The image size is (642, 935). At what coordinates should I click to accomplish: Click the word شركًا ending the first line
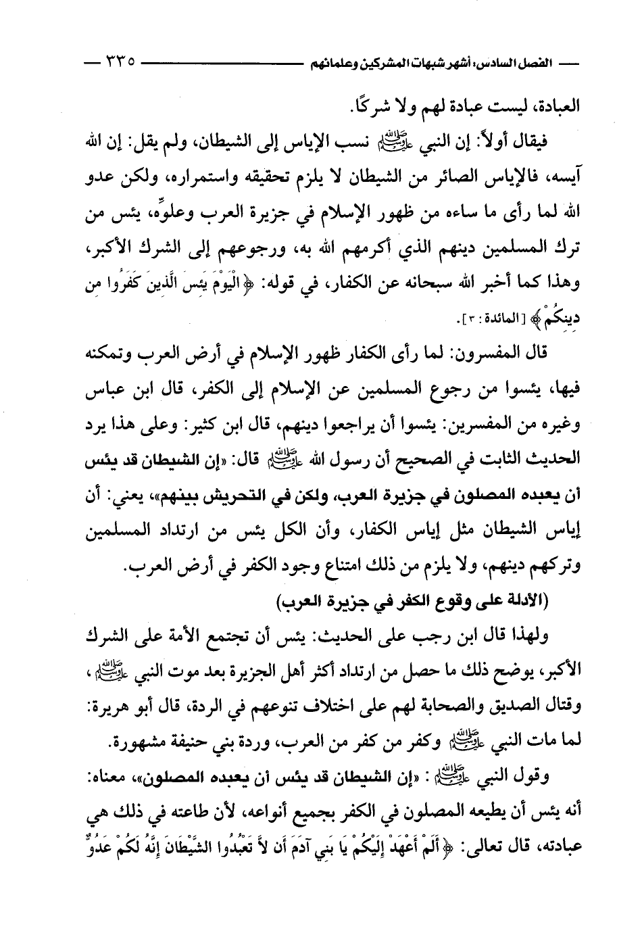374,106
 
